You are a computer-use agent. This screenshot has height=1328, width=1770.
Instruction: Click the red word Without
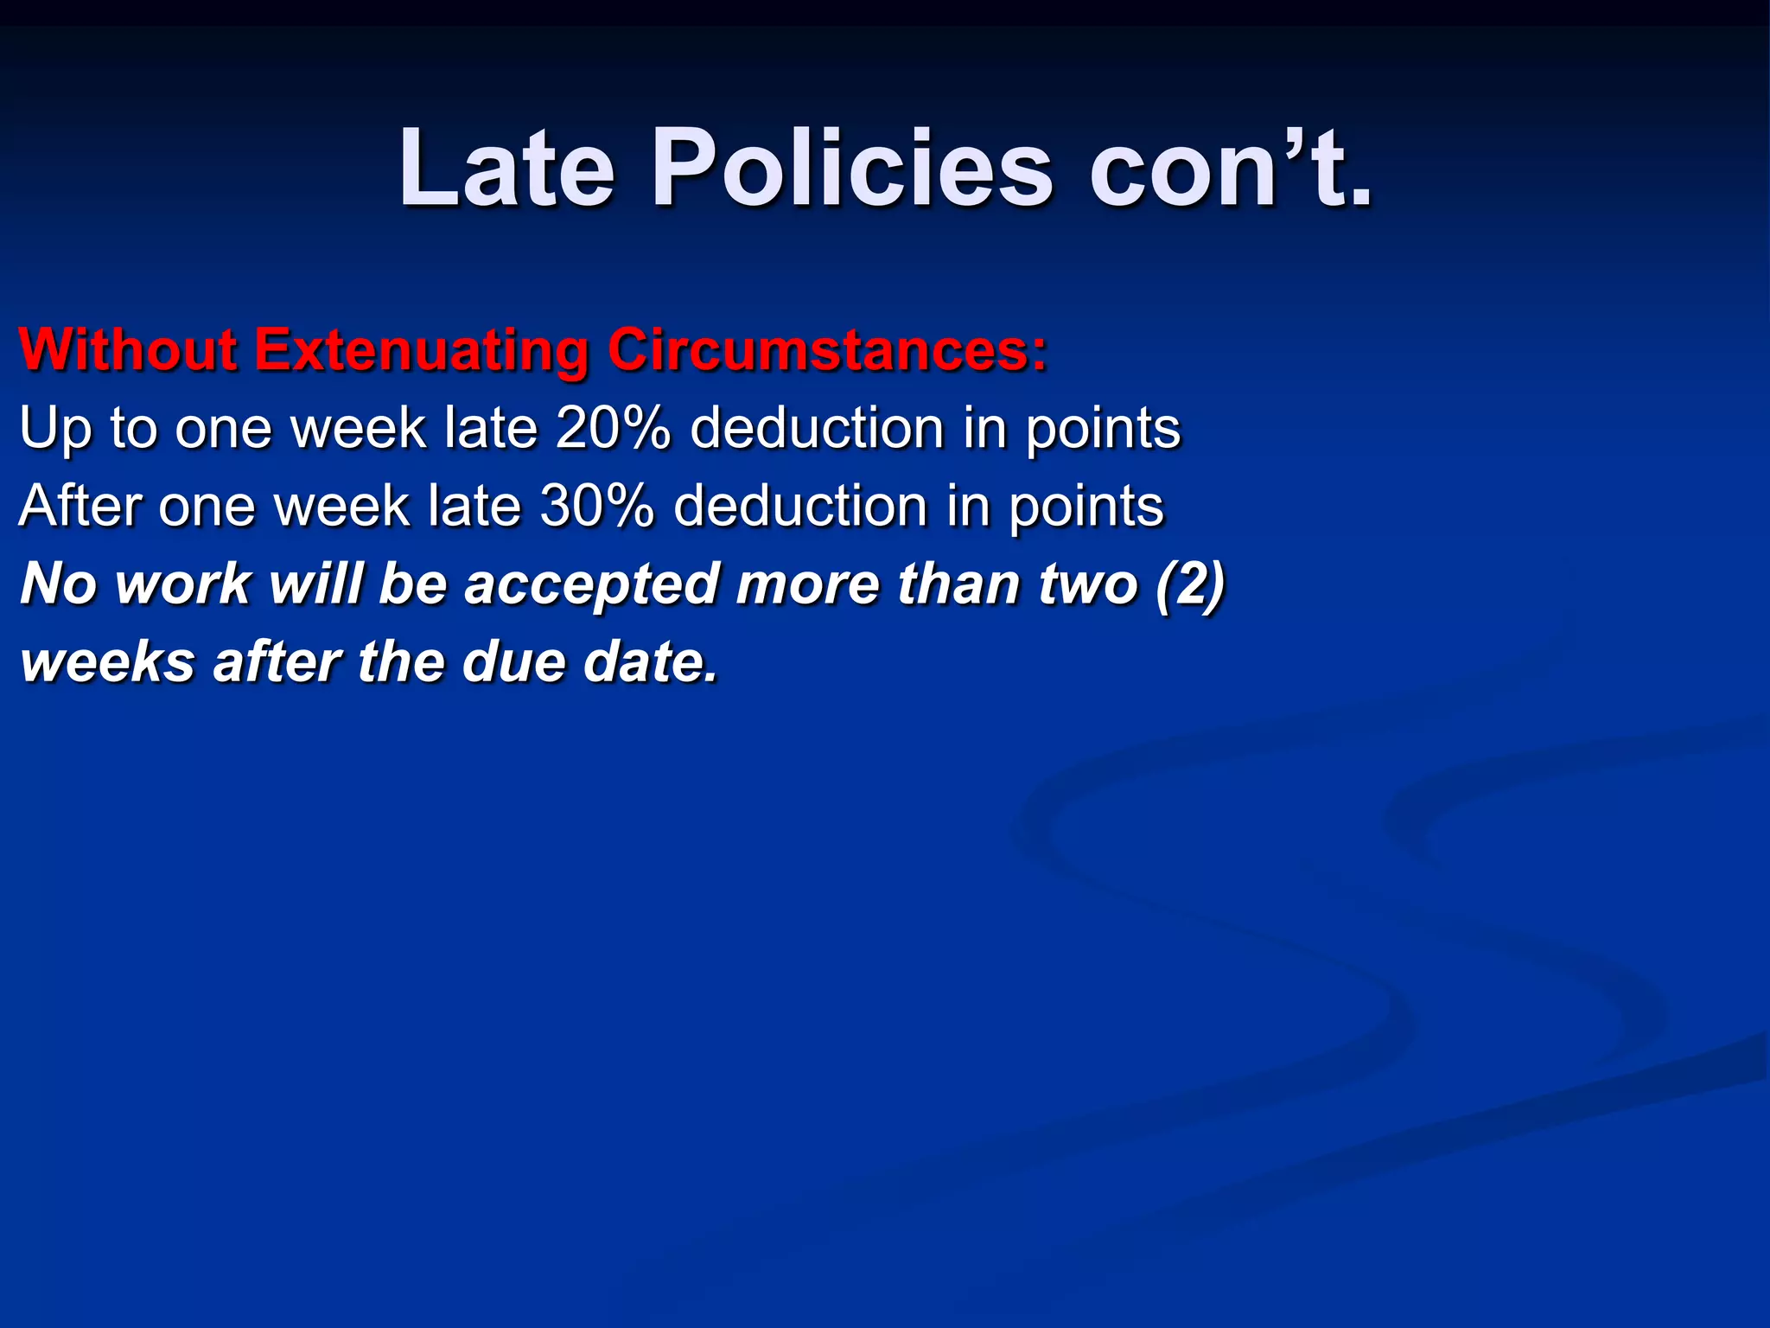click(x=128, y=350)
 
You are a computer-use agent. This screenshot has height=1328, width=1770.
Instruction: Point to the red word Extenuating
click(x=421, y=350)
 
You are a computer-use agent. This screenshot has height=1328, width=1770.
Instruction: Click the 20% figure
click(x=613, y=428)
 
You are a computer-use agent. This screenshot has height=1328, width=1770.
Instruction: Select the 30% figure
click(x=596, y=506)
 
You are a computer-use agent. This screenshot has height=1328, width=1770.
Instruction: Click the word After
click(x=80, y=506)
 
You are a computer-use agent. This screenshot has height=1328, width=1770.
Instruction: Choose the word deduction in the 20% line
click(x=817, y=428)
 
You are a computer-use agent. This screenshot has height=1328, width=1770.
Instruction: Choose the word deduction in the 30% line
click(x=800, y=506)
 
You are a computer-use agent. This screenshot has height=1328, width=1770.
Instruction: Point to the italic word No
click(x=58, y=584)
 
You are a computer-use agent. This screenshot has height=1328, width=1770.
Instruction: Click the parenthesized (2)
click(x=1190, y=584)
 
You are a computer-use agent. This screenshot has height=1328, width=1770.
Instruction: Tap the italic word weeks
click(x=108, y=662)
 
